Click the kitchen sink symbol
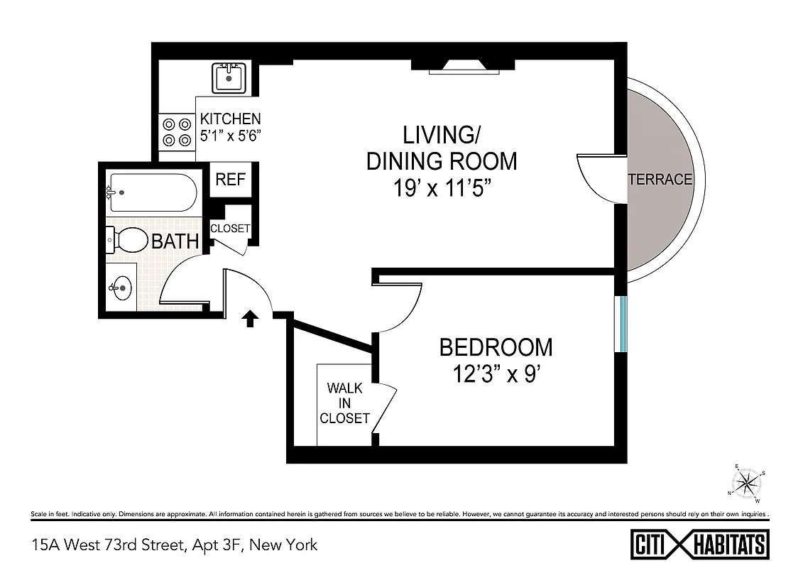pos(229,77)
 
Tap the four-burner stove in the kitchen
pos(177,131)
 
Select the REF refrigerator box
pos(230,180)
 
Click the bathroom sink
pos(121,288)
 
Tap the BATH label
pos(175,241)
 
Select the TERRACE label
pos(660,180)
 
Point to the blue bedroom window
pos(623,323)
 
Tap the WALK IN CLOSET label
pos(344,403)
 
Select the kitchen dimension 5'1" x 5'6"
pos(231,135)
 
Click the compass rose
pos(747,484)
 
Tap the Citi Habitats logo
pos(700,545)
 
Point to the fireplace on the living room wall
pos(463,67)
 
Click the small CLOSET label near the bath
pos(230,229)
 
